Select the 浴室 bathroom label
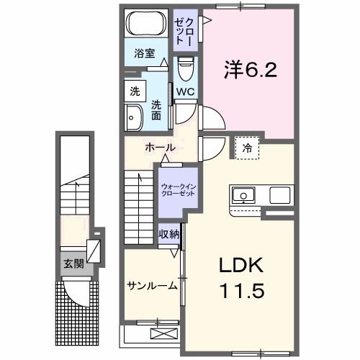(145, 53)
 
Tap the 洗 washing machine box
(135, 91)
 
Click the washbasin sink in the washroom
(133, 117)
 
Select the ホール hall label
(160, 147)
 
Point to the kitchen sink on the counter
(242, 194)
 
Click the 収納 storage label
(169, 234)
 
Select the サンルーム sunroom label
(152, 286)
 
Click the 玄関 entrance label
(72, 264)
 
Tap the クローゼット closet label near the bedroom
(184, 29)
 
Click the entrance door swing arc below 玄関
(74, 292)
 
